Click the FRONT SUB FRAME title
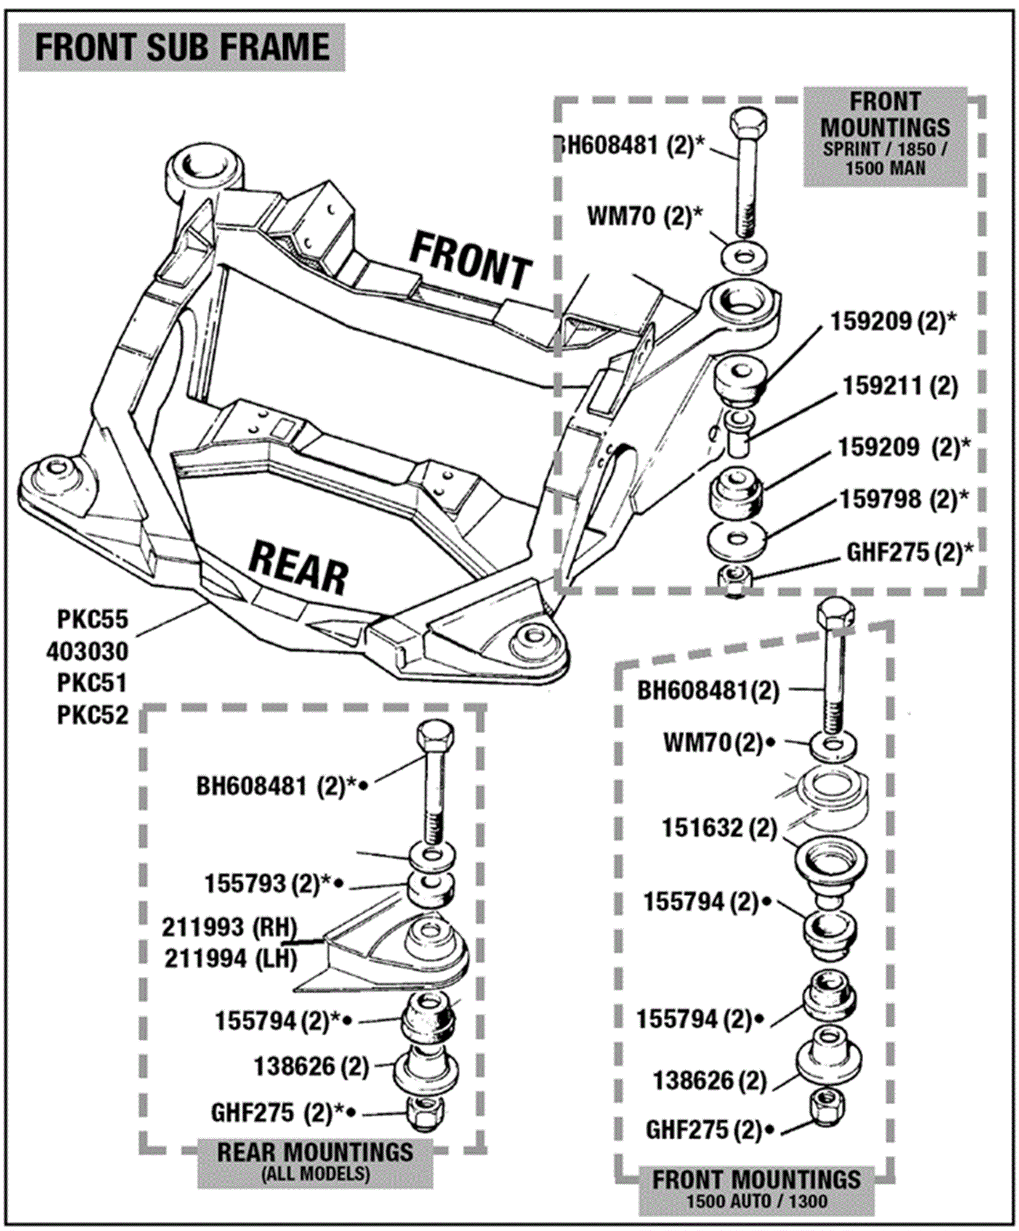(182, 47)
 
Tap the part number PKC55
(92, 620)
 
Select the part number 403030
(87, 652)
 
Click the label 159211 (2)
(900, 387)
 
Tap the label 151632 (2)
(719, 828)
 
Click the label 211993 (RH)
(230, 927)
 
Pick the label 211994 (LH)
(231, 958)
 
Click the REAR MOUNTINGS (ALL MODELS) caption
(315, 1161)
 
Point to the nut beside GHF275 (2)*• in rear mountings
(425, 1113)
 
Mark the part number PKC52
(92, 715)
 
